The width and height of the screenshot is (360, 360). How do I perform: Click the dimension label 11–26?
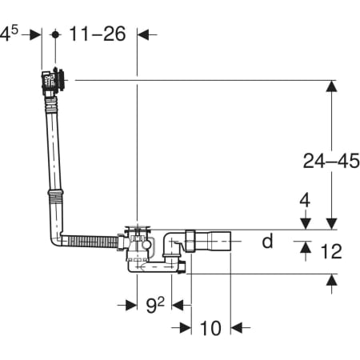(x=98, y=34)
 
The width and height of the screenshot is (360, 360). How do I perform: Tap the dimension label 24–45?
(x=331, y=161)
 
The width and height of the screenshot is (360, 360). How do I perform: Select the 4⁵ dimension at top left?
(x=9, y=34)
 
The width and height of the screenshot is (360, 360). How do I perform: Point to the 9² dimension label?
(x=155, y=305)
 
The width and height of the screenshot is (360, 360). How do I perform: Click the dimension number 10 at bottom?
(x=210, y=328)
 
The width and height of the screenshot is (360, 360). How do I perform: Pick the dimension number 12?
(x=331, y=251)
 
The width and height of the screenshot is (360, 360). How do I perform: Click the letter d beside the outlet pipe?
(x=268, y=241)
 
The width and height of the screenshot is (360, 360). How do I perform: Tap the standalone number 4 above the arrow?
(x=305, y=200)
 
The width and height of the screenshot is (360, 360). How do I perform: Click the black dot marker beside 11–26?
(x=55, y=34)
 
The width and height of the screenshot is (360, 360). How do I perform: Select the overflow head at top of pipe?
(x=53, y=80)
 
